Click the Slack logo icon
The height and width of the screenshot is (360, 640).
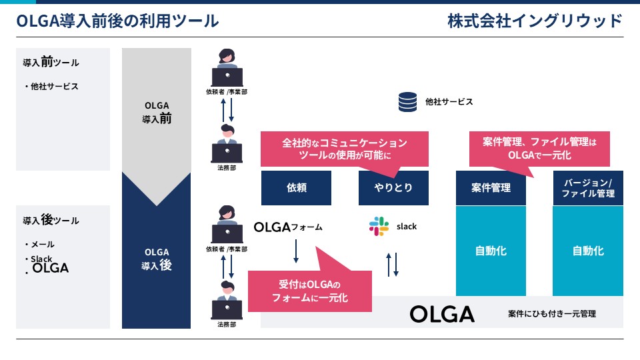click(x=379, y=226)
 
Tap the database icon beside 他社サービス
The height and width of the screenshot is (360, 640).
click(x=407, y=102)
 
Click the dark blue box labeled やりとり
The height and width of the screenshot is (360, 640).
click(x=393, y=188)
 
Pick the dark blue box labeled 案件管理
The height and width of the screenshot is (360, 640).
click(x=492, y=188)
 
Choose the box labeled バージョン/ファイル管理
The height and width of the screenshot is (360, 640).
click(x=588, y=188)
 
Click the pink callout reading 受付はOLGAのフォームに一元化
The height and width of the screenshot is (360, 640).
click(x=309, y=291)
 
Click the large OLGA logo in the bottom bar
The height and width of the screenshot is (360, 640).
click(x=442, y=314)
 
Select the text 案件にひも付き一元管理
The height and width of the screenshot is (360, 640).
click(x=551, y=313)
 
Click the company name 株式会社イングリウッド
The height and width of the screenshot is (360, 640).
click(x=535, y=21)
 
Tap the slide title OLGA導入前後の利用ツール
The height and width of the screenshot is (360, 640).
click(x=117, y=21)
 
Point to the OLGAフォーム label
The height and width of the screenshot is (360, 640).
click(x=288, y=227)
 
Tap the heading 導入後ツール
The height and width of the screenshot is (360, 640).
click(x=51, y=220)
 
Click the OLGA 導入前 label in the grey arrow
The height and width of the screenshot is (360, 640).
click(x=157, y=111)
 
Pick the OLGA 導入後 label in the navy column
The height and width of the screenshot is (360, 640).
click(x=157, y=259)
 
